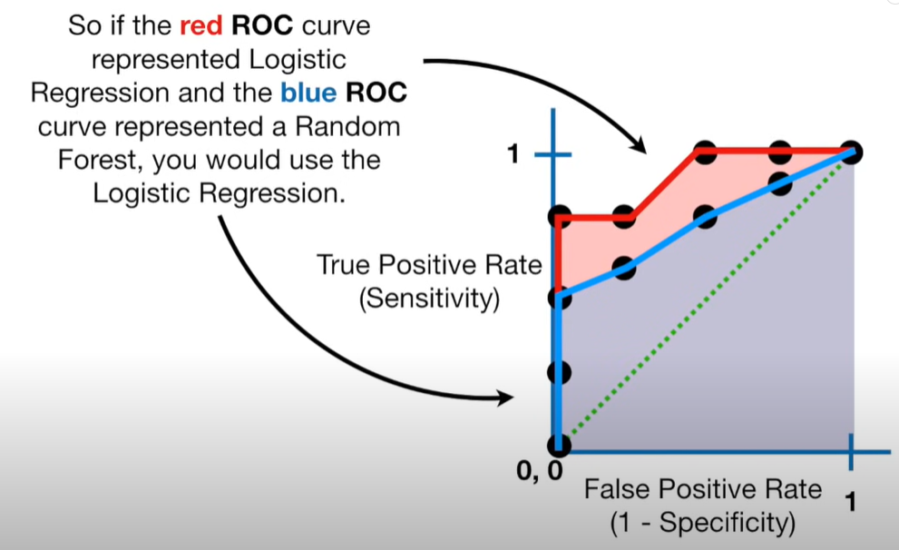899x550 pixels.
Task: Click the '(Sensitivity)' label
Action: coord(429,299)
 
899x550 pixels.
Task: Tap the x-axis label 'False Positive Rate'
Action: coord(702,489)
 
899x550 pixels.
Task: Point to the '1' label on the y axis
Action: coord(513,155)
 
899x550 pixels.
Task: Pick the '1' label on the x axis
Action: coord(851,501)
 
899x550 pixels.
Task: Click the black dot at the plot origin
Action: coord(559,446)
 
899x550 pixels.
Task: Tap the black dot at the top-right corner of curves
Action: coord(850,152)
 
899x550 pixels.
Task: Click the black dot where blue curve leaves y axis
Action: coord(559,298)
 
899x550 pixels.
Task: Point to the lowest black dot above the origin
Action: coord(559,372)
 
